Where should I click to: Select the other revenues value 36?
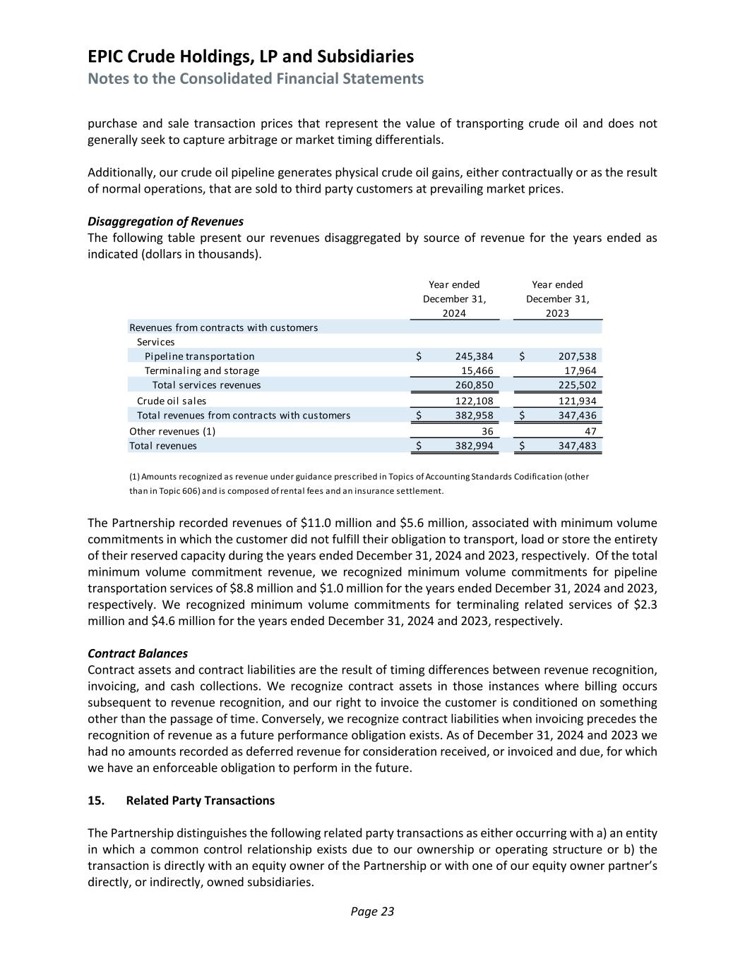pos(487,431)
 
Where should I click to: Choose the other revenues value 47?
pos(590,431)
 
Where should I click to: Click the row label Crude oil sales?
pos(172,401)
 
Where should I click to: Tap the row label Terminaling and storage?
pos(202,370)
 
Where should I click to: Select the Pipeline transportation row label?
pos(199,356)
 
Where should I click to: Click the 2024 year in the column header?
pos(454,313)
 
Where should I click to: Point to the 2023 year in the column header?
pos(557,313)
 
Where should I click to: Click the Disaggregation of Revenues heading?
pos(165,222)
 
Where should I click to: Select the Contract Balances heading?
pos(138,653)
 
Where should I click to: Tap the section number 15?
pos(96,801)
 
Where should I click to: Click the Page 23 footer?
pos(372,911)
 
